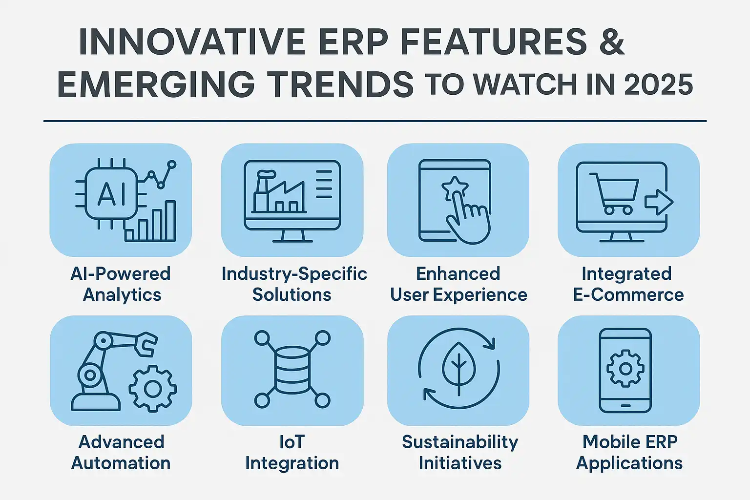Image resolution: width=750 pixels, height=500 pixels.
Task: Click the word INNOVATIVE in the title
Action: pos(192,42)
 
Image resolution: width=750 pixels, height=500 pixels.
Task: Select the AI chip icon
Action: pos(111,193)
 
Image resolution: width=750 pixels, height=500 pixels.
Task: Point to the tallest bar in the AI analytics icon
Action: pos(170,221)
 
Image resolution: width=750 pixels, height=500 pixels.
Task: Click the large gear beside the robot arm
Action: pos(153,389)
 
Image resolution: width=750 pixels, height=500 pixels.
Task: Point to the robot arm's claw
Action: pos(146,344)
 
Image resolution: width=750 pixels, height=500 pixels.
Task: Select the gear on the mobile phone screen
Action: pos(625,369)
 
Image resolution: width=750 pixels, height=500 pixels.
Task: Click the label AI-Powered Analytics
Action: pos(121,284)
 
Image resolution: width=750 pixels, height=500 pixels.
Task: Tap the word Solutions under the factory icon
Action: pos(292,295)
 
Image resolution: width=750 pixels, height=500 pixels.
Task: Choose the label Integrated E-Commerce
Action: pos(628,284)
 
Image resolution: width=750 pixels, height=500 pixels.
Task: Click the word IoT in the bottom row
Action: pos(292,442)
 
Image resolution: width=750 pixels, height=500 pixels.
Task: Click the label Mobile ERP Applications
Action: pos(629,453)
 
